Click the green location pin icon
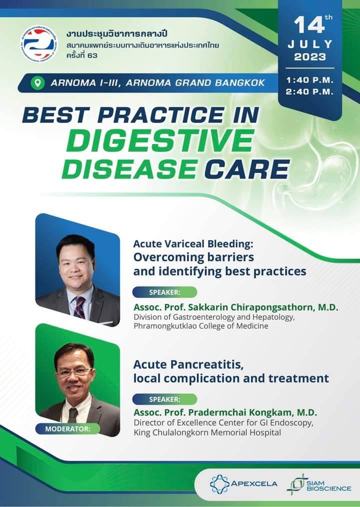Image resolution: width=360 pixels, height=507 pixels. point(37,83)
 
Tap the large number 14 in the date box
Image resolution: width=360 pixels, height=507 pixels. point(309,25)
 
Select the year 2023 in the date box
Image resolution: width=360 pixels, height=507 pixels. point(310,57)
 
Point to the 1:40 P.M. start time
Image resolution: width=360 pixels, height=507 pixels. point(309,80)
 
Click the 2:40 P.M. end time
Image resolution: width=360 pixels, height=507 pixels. point(309,92)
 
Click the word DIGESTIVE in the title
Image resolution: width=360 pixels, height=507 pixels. point(161,141)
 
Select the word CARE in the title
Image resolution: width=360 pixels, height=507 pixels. point(247,168)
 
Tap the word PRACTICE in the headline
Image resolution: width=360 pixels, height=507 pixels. point(160,115)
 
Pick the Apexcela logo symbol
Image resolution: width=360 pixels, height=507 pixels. point(219,483)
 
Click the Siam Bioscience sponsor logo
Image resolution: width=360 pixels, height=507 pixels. point(319,483)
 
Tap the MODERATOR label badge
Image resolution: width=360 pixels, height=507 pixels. point(67,429)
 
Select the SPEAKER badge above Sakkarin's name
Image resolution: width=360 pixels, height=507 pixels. point(164,292)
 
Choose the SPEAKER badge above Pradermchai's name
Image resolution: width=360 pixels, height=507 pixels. point(164,399)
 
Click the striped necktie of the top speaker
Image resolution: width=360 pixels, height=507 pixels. point(79,307)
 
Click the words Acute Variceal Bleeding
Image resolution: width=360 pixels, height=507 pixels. point(193,244)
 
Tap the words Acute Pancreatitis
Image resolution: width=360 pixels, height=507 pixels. point(188,364)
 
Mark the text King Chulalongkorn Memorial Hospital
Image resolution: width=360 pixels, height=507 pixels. point(207,432)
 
